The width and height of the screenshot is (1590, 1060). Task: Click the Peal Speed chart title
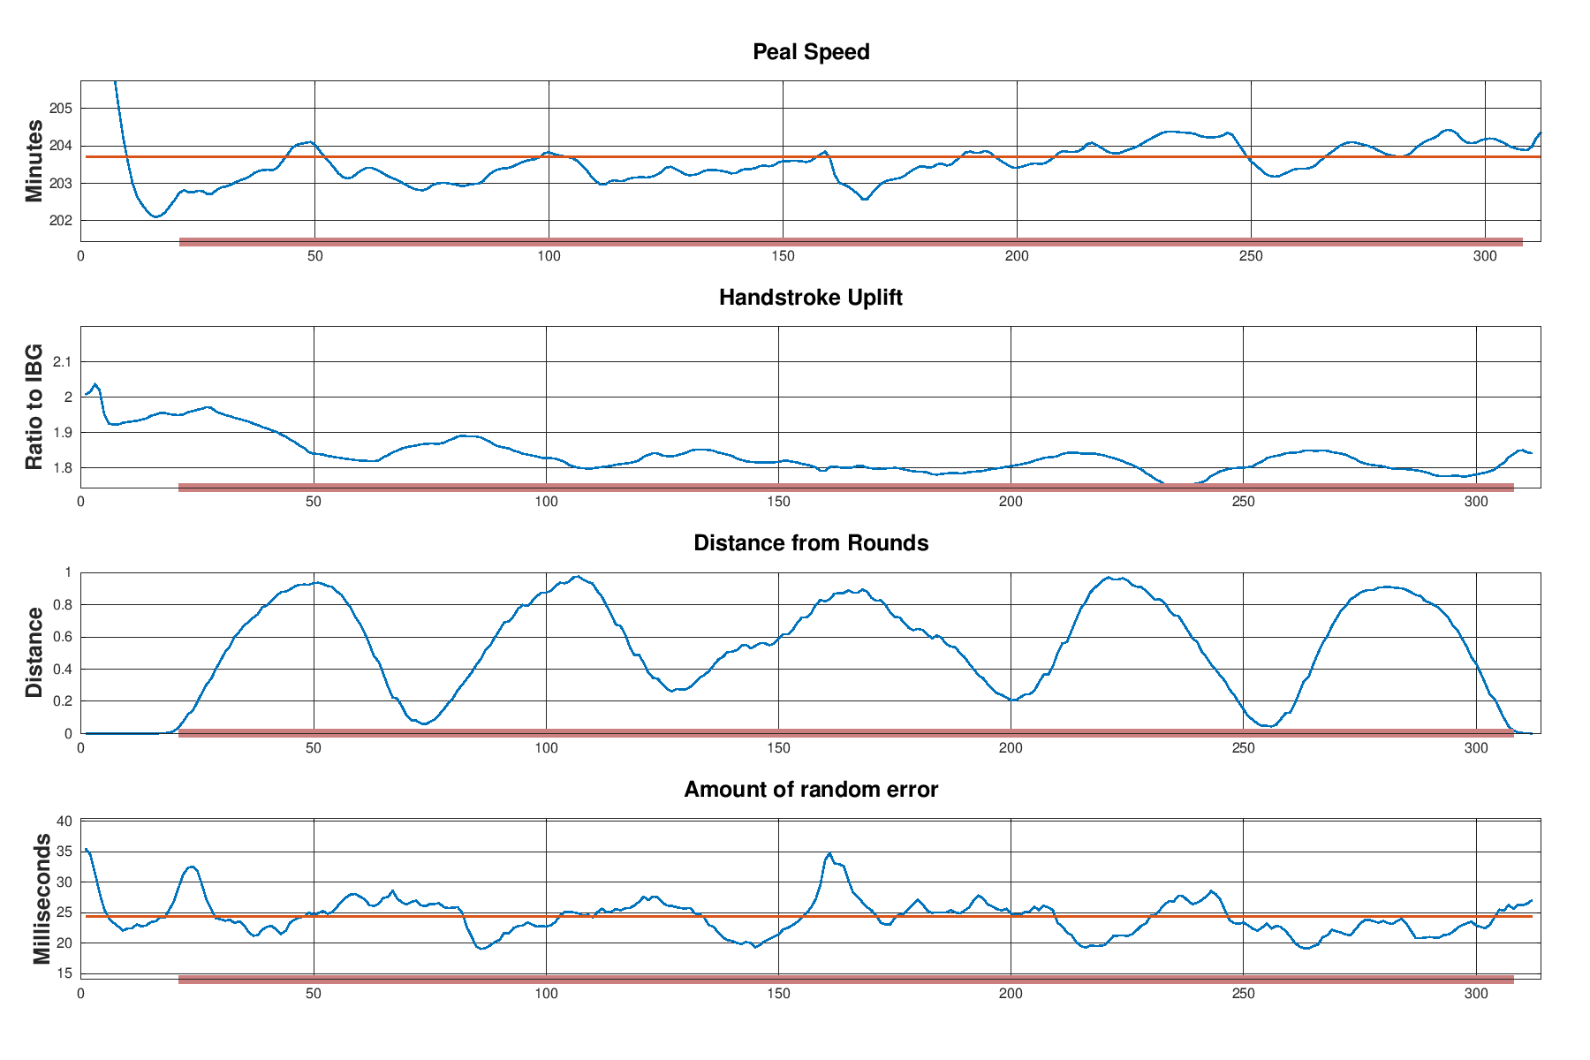pos(811,52)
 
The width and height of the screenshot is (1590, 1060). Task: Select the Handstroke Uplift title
pos(811,298)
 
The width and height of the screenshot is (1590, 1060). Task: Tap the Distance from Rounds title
pos(811,543)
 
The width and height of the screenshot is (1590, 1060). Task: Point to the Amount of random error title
pos(811,790)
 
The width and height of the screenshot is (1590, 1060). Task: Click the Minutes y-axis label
pos(34,161)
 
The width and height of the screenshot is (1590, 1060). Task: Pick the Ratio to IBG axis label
pos(34,406)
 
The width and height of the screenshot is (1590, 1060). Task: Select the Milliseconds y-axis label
pos(41,898)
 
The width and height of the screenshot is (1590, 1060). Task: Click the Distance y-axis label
pos(34,653)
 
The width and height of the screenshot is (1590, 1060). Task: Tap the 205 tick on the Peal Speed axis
pos(60,109)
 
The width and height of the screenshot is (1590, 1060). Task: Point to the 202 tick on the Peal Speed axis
pos(60,221)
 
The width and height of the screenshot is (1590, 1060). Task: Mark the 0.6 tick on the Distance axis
pos(63,637)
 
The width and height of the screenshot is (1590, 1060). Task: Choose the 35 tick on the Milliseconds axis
pos(64,852)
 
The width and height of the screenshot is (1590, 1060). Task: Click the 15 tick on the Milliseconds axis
pos(64,974)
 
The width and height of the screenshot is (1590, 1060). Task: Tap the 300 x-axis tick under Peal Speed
pos(1485,256)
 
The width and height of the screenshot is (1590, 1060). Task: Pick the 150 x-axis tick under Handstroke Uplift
pos(778,502)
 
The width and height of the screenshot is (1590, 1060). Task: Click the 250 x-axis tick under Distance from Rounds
pos(1243,747)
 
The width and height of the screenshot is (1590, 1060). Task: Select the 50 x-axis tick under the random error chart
pos(314,994)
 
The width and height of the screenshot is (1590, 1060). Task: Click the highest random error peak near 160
pos(829,854)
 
